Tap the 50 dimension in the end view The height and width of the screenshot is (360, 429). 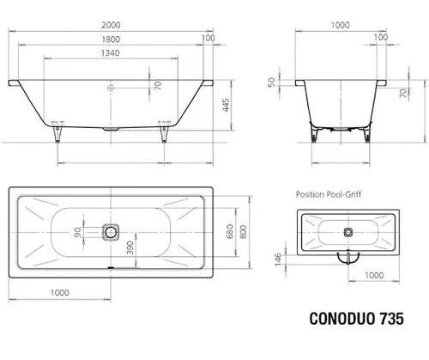[x=273, y=82]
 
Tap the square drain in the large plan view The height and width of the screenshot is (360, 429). [x=110, y=232]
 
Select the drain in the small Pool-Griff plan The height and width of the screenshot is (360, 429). [x=348, y=232]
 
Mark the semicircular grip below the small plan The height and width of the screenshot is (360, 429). [x=348, y=257]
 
